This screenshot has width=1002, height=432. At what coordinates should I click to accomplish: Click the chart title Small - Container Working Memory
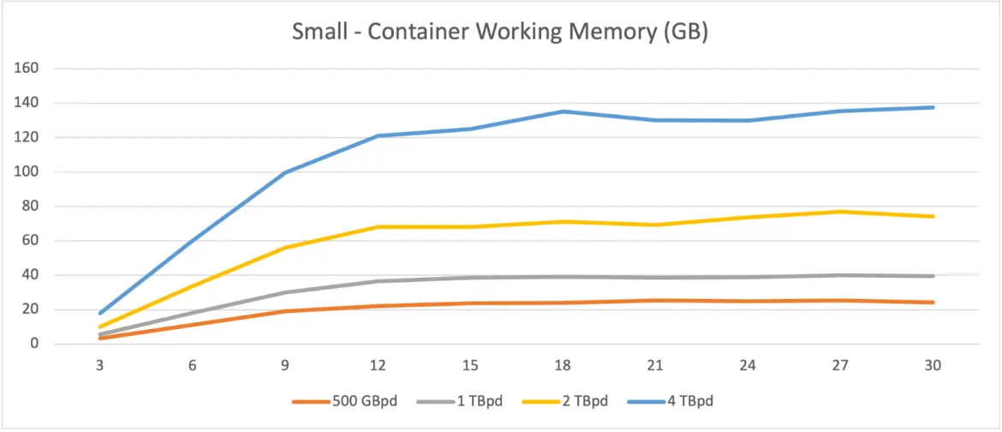click(x=500, y=32)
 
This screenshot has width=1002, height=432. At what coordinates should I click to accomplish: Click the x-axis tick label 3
click(x=100, y=364)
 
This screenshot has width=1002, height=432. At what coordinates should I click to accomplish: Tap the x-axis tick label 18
click(x=563, y=364)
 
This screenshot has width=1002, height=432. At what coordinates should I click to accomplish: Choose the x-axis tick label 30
click(x=933, y=364)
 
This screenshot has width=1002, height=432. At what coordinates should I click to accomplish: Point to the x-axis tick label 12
click(x=378, y=364)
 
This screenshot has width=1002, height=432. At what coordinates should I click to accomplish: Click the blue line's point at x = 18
click(x=563, y=111)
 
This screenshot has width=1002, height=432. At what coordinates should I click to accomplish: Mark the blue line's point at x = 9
click(x=285, y=172)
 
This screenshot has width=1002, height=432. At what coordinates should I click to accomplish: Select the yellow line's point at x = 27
click(x=840, y=212)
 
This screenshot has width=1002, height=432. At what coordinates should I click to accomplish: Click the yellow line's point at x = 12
click(x=378, y=227)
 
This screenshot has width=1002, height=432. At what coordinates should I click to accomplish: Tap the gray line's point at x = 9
click(x=285, y=292)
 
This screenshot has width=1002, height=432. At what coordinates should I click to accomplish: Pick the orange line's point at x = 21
click(x=655, y=301)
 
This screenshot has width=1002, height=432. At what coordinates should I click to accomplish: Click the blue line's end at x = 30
click(x=933, y=107)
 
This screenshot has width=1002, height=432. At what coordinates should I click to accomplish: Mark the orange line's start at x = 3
click(x=100, y=338)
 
